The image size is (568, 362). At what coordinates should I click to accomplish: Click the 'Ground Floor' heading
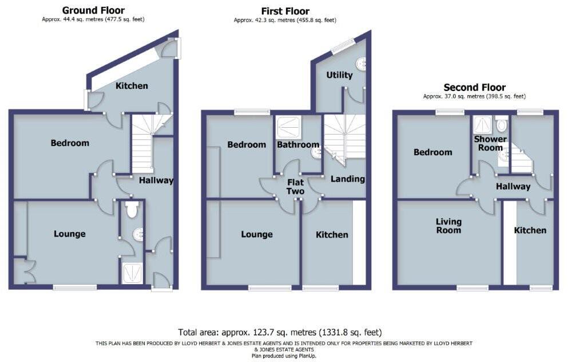point(93,10)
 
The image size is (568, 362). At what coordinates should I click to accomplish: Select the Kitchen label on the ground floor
point(132,86)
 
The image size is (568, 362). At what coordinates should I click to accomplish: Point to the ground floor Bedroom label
point(70,143)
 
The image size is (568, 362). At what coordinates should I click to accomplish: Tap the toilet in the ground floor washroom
point(132,210)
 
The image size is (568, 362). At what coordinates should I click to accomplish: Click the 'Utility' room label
point(339,75)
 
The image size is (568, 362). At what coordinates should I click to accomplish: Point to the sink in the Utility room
point(361,62)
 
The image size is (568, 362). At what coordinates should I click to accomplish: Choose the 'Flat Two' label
point(295,187)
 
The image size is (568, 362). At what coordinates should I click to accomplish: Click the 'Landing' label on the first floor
point(348,179)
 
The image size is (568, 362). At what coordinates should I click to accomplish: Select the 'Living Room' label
point(448,226)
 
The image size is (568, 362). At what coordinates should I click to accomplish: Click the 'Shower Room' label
point(490,143)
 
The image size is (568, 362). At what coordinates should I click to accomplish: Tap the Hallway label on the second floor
point(513,186)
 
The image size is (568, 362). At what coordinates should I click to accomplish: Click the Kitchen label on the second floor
point(530,230)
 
